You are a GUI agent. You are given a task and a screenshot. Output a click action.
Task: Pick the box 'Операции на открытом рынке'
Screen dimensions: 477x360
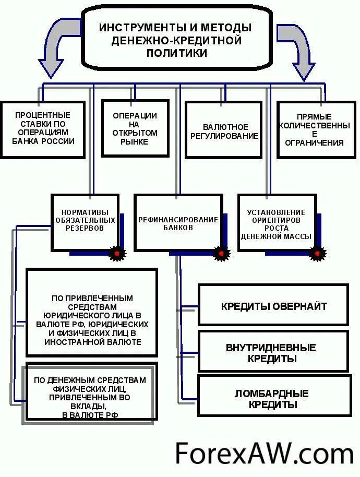click(135, 128)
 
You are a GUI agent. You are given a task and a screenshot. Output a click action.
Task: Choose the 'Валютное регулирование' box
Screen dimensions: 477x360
click(223, 130)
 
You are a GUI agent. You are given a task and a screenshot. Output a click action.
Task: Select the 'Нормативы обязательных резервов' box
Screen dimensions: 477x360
click(85, 222)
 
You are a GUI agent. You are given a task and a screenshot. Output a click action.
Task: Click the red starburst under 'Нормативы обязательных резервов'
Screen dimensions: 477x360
click(117, 254)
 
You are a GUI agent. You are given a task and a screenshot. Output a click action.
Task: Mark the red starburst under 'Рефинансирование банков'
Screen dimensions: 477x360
click(222, 254)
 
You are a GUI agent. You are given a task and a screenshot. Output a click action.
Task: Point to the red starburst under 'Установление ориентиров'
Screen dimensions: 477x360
click(317, 254)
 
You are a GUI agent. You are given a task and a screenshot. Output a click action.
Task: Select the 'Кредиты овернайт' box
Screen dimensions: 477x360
click(273, 305)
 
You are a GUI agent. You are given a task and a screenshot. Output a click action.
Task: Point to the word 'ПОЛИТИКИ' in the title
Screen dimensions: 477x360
click(177, 54)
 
